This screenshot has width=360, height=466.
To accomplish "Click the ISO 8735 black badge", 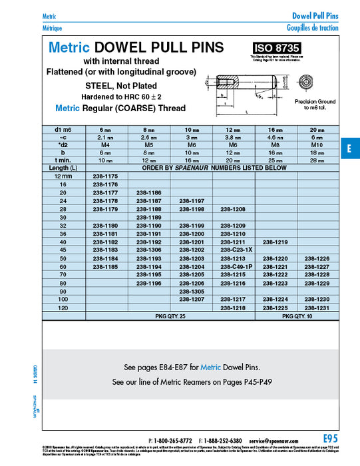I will tap(275, 48).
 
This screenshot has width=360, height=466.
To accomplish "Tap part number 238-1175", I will tap(105, 175).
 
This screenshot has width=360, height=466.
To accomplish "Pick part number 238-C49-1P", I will tap(234, 266).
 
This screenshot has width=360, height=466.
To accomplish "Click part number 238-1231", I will tap(317, 308).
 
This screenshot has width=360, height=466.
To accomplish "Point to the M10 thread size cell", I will tap(317, 144).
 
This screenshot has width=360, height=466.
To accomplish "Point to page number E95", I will tap(331, 438).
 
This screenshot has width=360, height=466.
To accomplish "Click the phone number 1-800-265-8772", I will tap(174, 441).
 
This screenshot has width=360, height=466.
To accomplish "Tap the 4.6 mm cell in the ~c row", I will tap(275, 136).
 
